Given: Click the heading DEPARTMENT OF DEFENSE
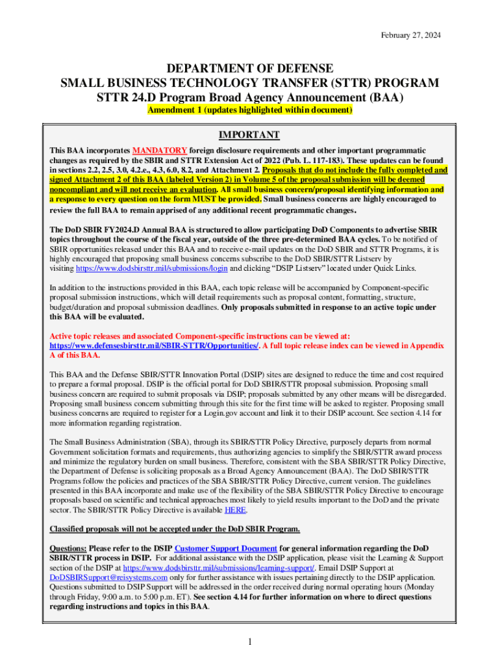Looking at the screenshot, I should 250,69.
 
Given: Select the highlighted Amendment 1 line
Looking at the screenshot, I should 250,110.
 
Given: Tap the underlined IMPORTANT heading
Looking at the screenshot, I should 249,134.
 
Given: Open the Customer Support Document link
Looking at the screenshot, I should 226,547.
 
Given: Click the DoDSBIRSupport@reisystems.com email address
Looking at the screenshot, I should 108,577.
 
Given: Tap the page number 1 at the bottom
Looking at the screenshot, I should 250,643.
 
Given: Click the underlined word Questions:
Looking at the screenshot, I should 68,547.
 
